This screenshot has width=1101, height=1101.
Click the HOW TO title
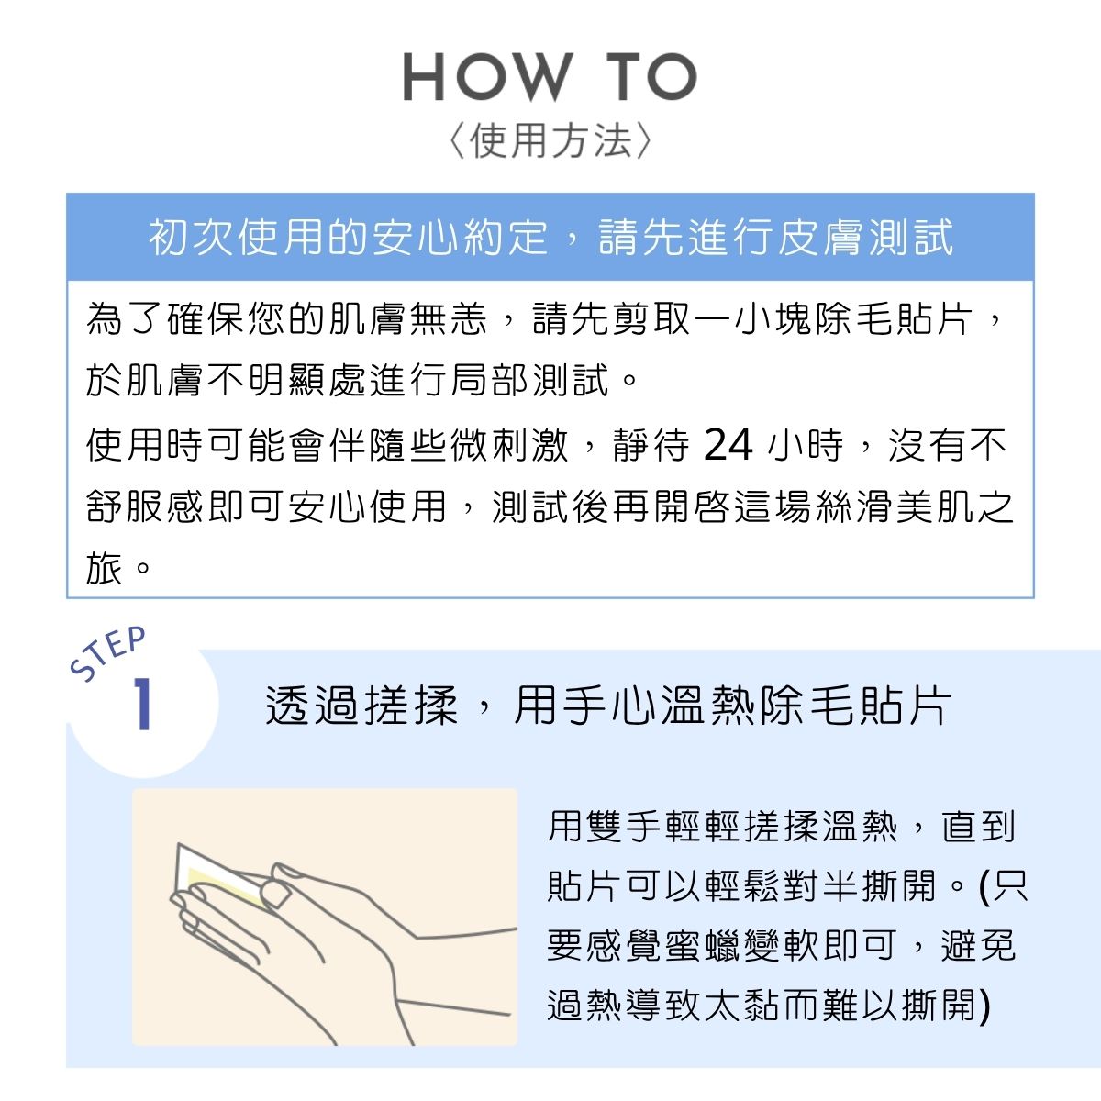click(x=550, y=78)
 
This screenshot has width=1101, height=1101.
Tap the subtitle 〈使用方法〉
click(x=550, y=142)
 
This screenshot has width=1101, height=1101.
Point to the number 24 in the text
click(x=728, y=446)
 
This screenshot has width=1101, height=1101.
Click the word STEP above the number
click(x=109, y=653)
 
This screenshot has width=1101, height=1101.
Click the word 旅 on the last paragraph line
click(x=105, y=569)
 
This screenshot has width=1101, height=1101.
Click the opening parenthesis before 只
click(x=985, y=886)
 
